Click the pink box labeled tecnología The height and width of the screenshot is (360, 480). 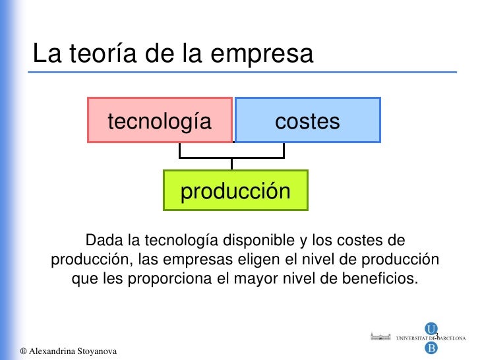pos(160,121)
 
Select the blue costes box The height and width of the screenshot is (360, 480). pos(308,121)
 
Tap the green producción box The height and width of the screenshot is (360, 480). pos(235,191)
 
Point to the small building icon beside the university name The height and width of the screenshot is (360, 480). pos(380,337)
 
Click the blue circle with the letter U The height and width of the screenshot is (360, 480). pos(431,328)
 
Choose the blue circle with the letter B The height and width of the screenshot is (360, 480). pos(431,347)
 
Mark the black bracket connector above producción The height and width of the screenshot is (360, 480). pos(231,158)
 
